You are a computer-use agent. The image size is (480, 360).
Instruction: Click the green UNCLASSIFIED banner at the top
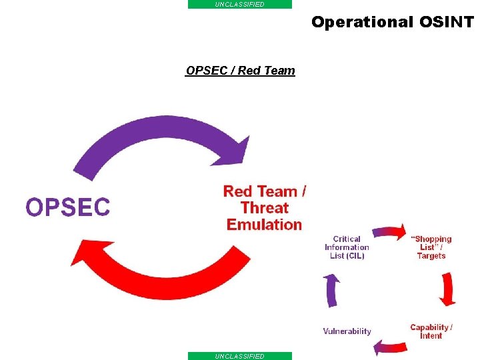click(240, 4)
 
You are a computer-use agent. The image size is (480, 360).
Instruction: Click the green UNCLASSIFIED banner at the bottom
click(240, 356)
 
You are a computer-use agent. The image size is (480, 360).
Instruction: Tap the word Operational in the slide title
click(362, 22)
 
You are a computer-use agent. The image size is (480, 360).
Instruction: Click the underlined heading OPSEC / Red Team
click(240, 71)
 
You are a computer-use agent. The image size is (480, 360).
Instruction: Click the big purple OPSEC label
click(67, 207)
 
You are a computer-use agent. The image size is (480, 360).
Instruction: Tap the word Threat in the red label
click(265, 208)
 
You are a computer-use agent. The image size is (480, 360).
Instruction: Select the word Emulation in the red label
click(265, 225)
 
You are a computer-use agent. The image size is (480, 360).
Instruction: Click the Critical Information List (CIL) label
click(347, 247)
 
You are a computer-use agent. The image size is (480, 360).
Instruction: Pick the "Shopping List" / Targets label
click(431, 247)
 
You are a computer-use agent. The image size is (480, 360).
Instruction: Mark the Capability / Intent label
click(431, 331)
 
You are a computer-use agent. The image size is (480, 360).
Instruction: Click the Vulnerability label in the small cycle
click(347, 331)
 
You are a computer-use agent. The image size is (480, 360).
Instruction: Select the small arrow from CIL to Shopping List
click(389, 231)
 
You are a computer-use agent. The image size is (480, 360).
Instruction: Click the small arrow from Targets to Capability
click(448, 289)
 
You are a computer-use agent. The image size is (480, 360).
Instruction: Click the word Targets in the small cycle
click(431, 256)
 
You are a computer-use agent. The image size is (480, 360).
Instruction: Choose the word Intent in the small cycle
click(431, 336)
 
